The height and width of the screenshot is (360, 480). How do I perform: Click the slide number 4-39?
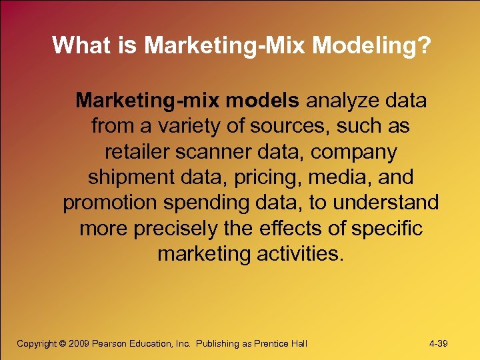[438, 343]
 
